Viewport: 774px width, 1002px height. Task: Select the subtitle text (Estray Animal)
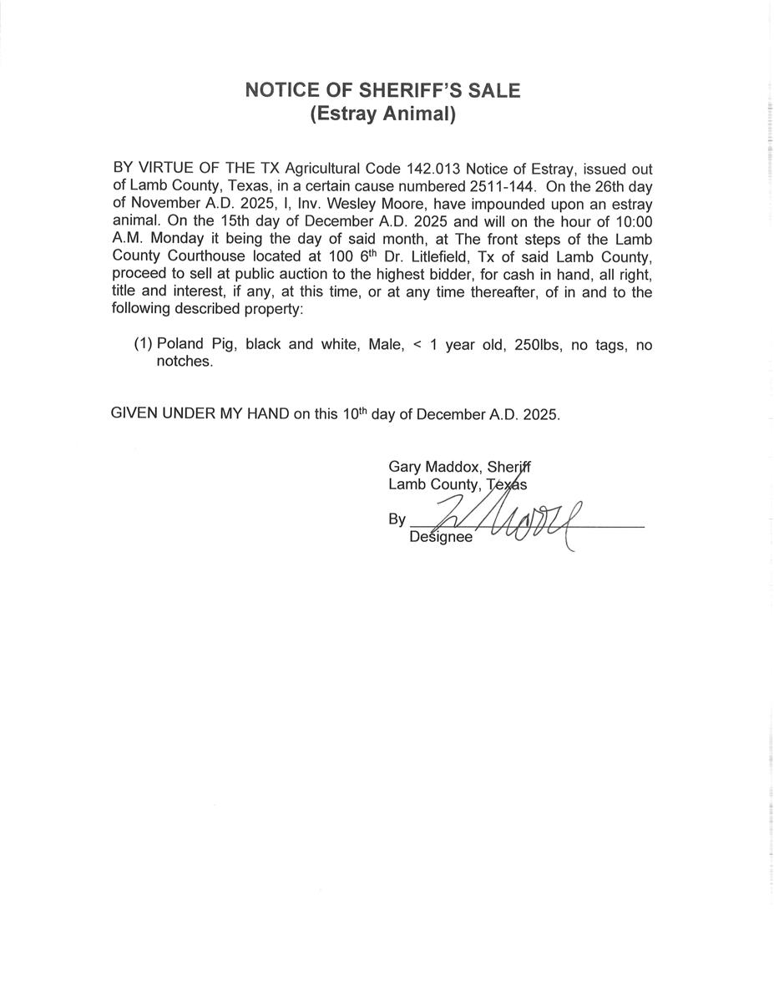point(382,114)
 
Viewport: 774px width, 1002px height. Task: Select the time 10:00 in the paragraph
point(633,221)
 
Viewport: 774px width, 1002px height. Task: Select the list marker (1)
point(143,344)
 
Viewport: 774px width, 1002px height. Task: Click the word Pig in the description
point(222,344)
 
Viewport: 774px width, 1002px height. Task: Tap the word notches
point(185,362)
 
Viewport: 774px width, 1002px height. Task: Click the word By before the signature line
point(397,519)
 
